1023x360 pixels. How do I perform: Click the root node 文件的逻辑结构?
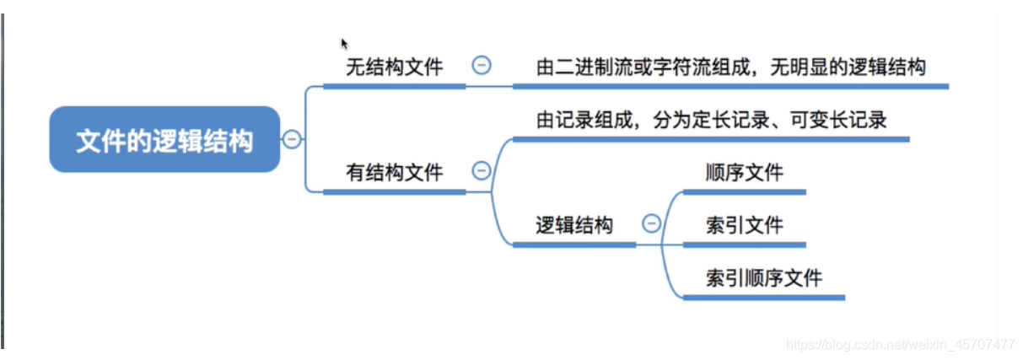(x=164, y=140)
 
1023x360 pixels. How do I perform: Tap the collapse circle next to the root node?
(x=292, y=140)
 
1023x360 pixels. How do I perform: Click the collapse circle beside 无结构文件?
(x=482, y=66)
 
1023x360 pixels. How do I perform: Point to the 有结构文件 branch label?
(x=394, y=173)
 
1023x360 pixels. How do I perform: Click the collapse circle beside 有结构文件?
(x=482, y=171)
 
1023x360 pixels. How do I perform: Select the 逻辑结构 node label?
(x=574, y=225)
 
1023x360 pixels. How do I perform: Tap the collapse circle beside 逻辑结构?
(x=651, y=223)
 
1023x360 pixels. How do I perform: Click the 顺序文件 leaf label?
(x=744, y=173)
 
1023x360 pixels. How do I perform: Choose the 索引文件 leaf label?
(x=744, y=225)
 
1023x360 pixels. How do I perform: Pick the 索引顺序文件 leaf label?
(x=763, y=277)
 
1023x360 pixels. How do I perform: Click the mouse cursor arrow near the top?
(x=344, y=43)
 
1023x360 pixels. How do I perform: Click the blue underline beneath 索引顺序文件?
(x=763, y=298)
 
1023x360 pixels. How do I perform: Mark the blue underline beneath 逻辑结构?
(x=574, y=245)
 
